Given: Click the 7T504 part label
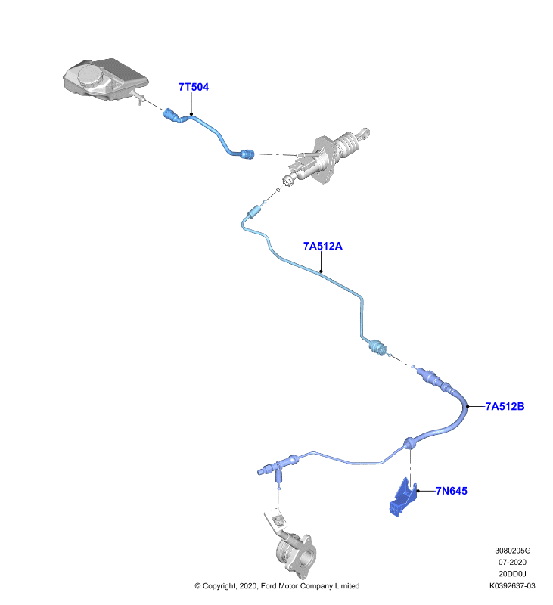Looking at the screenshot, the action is pyautogui.click(x=194, y=87).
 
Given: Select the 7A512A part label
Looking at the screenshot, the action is pyautogui.click(x=322, y=247).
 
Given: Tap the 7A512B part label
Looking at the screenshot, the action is pyautogui.click(x=505, y=406).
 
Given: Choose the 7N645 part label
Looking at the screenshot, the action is pyautogui.click(x=452, y=491).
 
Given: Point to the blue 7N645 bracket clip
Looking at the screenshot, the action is pyautogui.click(x=403, y=498).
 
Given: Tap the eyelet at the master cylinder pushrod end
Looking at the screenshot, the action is pyautogui.click(x=365, y=133).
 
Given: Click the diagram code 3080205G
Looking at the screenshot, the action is pyautogui.click(x=512, y=551).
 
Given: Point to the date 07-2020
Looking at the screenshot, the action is pyautogui.click(x=512, y=562).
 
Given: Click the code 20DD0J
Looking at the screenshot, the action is pyautogui.click(x=512, y=574).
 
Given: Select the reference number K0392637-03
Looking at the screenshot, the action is pyautogui.click(x=512, y=585).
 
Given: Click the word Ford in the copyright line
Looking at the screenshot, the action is pyautogui.click(x=269, y=585).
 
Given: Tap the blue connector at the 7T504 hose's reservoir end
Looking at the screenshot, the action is pyautogui.click(x=172, y=116).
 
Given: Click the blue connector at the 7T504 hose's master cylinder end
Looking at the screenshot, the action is pyautogui.click(x=247, y=154).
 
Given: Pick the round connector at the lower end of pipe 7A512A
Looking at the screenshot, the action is pyautogui.click(x=377, y=347).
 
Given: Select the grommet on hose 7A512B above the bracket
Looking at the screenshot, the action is pyautogui.click(x=409, y=443).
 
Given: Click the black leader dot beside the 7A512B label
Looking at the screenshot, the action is pyautogui.click(x=468, y=406).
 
